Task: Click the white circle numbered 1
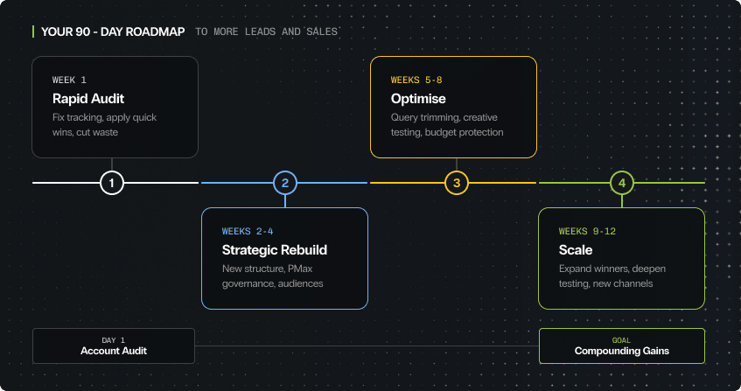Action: click(112, 183)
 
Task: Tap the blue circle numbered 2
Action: click(285, 183)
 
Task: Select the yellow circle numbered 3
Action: click(457, 183)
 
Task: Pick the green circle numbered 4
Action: click(621, 183)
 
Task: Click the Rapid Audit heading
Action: click(86, 98)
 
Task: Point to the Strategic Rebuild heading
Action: click(275, 250)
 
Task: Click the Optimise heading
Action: click(418, 98)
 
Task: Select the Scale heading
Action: click(576, 250)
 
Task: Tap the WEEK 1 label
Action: click(69, 80)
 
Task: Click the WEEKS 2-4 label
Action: click(248, 232)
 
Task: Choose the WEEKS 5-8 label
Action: click(417, 80)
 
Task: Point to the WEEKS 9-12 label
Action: click(588, 232)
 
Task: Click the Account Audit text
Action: click(114, 351)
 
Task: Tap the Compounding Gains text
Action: click(621, 351)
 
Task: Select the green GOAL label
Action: click(621, 339)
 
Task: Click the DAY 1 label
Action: click(114, 339)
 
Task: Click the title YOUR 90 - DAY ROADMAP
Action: click(113, 32)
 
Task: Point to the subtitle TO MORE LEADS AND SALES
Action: click(266, 32)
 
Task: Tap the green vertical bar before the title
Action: click(33, 32)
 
